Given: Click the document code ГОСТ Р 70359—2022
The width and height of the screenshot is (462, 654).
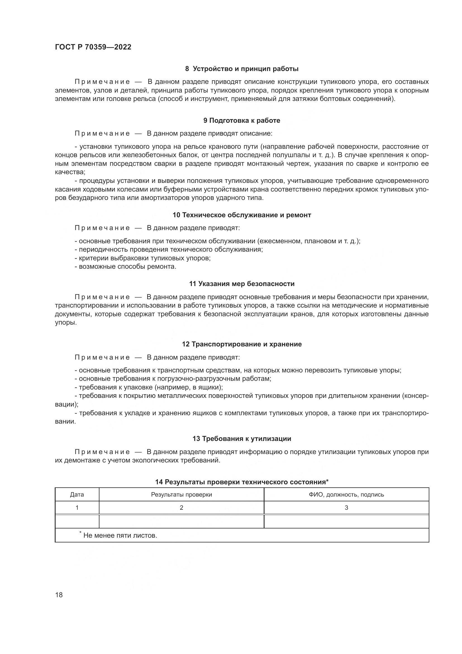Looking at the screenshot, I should coord(93,47).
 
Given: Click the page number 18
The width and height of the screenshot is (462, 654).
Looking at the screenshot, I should coord(59,595).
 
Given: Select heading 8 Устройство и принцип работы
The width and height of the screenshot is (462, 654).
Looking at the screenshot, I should coord(242,69).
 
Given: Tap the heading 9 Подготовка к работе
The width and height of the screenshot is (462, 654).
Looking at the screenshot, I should coord(242,121).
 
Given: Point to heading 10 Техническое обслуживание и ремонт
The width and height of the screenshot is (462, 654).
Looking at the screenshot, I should coord(242,215).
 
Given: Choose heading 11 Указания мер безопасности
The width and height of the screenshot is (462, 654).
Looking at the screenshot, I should coord(242,284).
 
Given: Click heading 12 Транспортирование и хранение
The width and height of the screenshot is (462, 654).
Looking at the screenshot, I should coord(242,344).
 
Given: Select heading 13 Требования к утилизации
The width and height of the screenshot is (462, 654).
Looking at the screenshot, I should coord(242,439).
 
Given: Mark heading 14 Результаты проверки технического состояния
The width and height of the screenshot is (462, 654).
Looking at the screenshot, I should coord(242,482).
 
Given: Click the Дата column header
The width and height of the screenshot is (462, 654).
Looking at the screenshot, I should coord(77,495).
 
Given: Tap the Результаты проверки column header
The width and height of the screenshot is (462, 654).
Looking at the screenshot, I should coord(182,495).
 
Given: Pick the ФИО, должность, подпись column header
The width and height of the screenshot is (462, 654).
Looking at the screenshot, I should coord(346,495).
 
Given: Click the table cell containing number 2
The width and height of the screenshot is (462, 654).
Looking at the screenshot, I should coord(182,507).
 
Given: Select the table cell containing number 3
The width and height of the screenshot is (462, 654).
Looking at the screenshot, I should coord(346,507).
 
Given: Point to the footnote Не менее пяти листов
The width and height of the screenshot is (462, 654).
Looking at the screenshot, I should coord(120,535).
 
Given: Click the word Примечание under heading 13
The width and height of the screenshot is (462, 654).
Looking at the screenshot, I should coord(102,452).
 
